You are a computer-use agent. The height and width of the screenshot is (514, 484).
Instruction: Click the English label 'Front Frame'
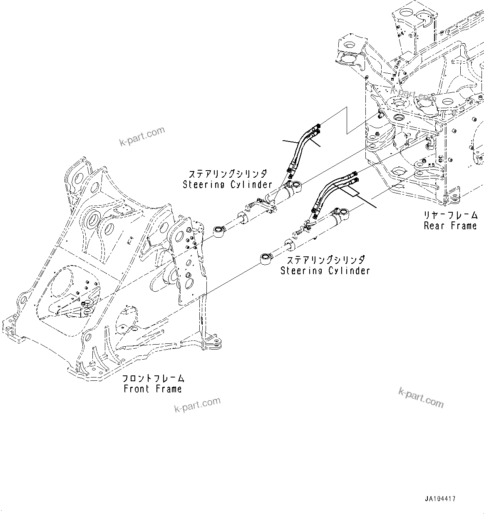click(x=153, y=389)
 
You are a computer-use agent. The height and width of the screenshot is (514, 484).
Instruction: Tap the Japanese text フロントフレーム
click(x=153, y=378)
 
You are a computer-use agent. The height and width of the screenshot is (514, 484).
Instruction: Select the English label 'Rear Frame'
click(x=450, y=226)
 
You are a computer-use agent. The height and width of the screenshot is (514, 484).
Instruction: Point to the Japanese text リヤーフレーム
click(x=450, y=215)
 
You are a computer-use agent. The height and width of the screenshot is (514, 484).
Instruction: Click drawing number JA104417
click(x=440, y=498)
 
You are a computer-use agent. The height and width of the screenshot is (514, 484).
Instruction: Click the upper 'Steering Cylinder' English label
click(x=227, y=184)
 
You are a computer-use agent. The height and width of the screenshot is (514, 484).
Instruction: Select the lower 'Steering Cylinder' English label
click(x=325, y=271)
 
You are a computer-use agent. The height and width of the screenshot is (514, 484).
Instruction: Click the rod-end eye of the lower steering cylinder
click(x=266, y=258)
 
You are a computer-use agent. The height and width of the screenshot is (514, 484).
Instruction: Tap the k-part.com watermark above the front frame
click(x=142, y=137)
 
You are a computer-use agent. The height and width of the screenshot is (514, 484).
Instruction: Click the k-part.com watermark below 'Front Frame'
click(x=197, y=405)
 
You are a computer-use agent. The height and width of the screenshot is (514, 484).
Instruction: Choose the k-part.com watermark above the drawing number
click(x=421, y=398)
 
